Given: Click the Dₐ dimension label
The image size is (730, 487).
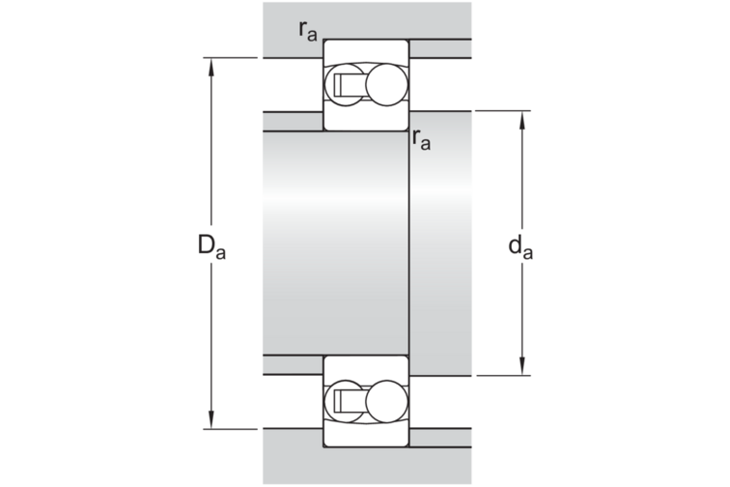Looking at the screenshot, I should click(211, 247).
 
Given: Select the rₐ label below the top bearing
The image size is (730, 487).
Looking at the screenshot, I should click(420, 139).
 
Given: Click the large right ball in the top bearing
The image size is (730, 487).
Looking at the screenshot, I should click(385, 85).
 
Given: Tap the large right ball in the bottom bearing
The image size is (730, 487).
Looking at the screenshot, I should click(385, 399).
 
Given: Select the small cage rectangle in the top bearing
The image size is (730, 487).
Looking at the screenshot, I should click(344, 86).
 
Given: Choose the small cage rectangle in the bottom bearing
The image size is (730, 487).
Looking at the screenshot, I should click(344, 399).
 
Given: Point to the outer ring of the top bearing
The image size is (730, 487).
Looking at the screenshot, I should click(365, 49).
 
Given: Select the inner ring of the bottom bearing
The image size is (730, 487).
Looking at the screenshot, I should click(365, 365).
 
